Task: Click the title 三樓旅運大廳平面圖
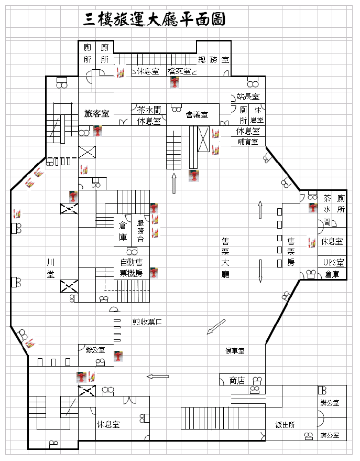(x=155, y=20)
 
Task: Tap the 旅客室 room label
(x=97, y=113)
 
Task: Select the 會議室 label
(x=197, y=114)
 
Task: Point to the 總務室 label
(x=213, y=60)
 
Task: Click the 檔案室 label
(x=179, y=71)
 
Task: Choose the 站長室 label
(x=248, y=97)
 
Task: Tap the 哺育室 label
(x=248, y=142)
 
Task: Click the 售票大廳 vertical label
(x=225, y=258)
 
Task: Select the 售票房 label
(x=291, y=252)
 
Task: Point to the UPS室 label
(x=333, y=262)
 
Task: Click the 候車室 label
(x=234, y=350)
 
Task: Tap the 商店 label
(x=237, y=381)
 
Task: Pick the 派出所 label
(x=286, y=425)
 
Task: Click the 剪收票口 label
(x=147, y=321)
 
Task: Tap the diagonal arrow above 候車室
(x=216, y=326)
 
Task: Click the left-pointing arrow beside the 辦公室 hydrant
(x=158, y=376)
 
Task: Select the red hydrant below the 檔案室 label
(x=174, y=82)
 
